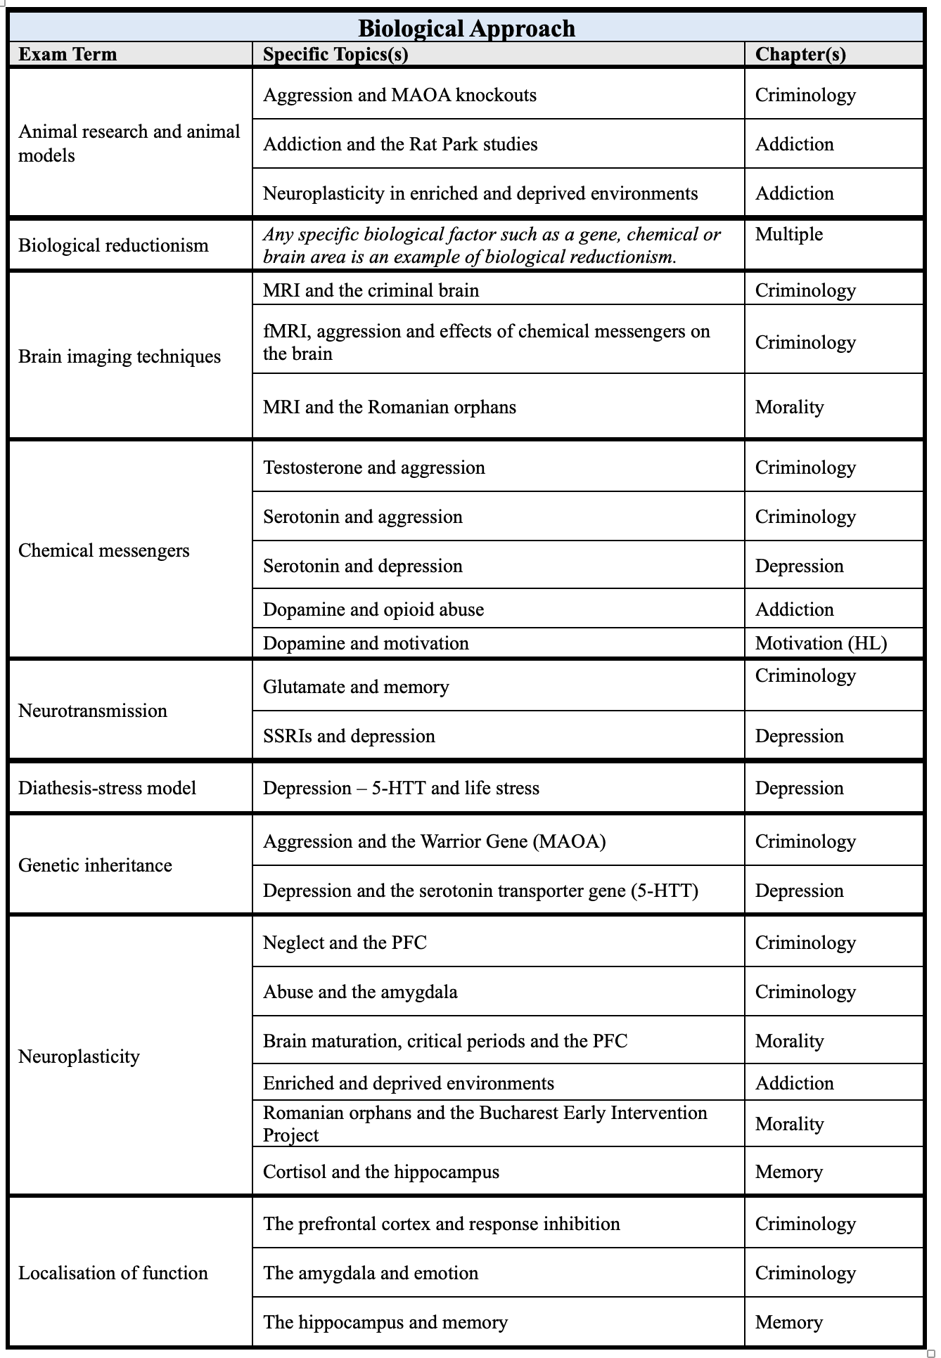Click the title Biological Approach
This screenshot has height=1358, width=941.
pos(466,28)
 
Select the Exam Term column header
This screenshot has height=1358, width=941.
pos(68,54)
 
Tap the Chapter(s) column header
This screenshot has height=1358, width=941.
pos(800,54)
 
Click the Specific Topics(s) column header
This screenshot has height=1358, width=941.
pos(335,54)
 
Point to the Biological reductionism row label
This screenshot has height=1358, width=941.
pos(113,245)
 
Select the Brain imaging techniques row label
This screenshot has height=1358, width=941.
pos(120,356)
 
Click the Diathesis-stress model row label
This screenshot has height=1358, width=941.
pos(107,788)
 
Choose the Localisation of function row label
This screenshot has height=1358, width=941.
pos(113,1273)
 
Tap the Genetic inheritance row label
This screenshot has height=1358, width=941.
pos(95,865)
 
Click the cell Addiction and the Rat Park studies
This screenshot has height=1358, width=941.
pos(400,144)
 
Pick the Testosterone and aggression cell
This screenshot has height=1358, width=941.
pos(374,467)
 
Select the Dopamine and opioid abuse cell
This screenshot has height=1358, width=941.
pos(373,609)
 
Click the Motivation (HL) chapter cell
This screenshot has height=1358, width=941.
pos(821,643)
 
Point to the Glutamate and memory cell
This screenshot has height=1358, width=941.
pos(356,687)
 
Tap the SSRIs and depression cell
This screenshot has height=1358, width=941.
pos(349,736)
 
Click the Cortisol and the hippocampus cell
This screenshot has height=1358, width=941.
pos(381,1172)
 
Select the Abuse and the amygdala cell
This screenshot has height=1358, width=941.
pos(360,992)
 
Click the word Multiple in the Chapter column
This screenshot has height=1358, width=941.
pos(788,234)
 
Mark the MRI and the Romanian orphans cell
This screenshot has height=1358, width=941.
pos(390,407)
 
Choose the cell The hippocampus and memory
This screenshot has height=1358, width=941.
pos(385,1322)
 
